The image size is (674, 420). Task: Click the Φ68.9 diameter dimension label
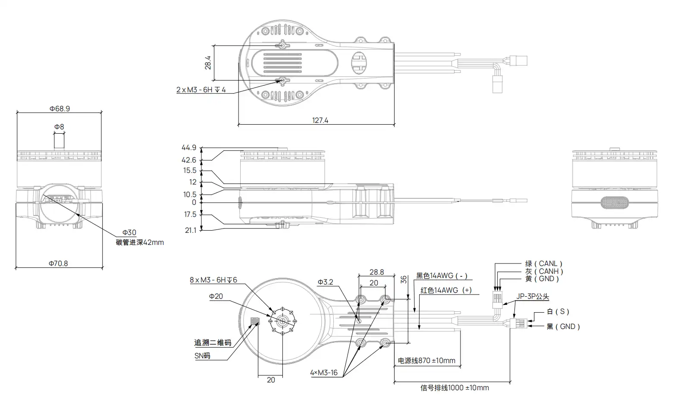pos(59,109)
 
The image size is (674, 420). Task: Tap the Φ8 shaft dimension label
pos(59,127)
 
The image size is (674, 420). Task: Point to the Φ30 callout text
pos(129,233)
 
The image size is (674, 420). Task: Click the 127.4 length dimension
pos(320,120)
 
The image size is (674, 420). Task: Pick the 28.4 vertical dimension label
pos(208,63)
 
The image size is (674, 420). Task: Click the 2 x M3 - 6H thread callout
pos(201,90)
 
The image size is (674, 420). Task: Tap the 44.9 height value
pos(189,148)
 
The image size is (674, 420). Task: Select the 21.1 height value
pos(190,230)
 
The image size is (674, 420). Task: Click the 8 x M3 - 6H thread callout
pos(213,280)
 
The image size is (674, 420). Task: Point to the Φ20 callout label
pos(216,296)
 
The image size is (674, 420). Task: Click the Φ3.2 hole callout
pos(325,282)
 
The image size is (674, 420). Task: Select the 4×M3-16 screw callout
pos(323,373)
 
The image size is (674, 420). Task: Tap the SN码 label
pos(202,356)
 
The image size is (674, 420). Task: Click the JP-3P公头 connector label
pos(533,297)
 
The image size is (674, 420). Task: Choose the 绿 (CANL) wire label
pos(543,263)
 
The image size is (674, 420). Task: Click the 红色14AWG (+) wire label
pos(446,290)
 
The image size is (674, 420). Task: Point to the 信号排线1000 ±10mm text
pos(455,388)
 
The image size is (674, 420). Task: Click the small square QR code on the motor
pos(256,321)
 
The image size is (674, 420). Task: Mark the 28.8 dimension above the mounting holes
pos(376,272)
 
